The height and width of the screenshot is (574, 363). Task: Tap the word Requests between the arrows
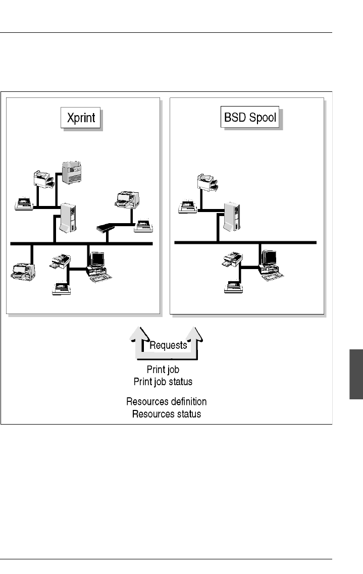click(x=168, y=345)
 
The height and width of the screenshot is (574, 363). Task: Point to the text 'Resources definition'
click(x=166, y=402)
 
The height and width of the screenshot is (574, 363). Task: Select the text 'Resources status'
click(x=166, y=414)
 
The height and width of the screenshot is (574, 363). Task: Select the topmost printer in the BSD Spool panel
click(x=208, y=183)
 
